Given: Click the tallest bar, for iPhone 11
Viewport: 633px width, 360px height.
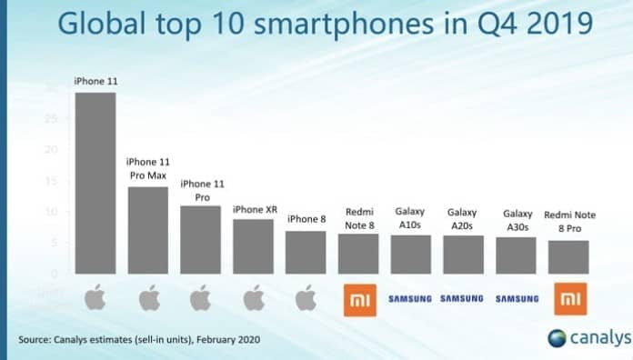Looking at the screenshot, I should tap(95, 183).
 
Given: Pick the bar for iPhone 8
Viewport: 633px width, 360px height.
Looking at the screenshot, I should tap(305, 252).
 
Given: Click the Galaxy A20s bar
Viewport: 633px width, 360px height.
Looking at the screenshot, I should tap(462, 255).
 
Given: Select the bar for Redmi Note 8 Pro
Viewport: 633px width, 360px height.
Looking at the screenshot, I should tap(568, 257).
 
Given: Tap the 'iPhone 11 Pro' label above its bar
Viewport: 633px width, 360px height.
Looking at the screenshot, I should tap(199, 189).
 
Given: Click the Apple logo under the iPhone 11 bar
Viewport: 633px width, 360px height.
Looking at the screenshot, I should tap(95, 298).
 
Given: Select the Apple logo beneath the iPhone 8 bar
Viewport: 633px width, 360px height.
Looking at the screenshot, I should tap(305, 298).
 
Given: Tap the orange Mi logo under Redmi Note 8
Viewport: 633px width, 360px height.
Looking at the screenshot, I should tap(357, 298).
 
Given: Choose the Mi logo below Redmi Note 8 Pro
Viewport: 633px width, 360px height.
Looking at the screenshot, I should tap(568, 298).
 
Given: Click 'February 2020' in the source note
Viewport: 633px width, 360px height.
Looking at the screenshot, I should tap(225, 341).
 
